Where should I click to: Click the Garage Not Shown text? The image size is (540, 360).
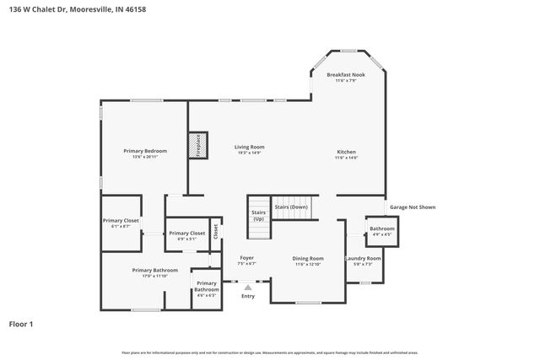[x=413, y=207]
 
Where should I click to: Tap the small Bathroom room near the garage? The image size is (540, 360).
[x=381, y=230]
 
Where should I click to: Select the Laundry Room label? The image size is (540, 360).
[x=363, y=261]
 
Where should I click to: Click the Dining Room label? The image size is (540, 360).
[x=308, y=261]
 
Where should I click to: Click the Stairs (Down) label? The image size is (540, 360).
[x=291, y=207]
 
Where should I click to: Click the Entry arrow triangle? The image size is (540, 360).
[x=247, y=287]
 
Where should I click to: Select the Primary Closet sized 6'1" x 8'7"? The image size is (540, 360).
[x=121, y=223]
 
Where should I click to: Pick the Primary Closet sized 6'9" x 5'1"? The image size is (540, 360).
[x=186, y=235]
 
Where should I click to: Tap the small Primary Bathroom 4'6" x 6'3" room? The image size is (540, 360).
[x=207, y=288]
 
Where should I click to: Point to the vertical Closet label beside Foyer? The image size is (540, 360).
[x=215, y=229]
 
